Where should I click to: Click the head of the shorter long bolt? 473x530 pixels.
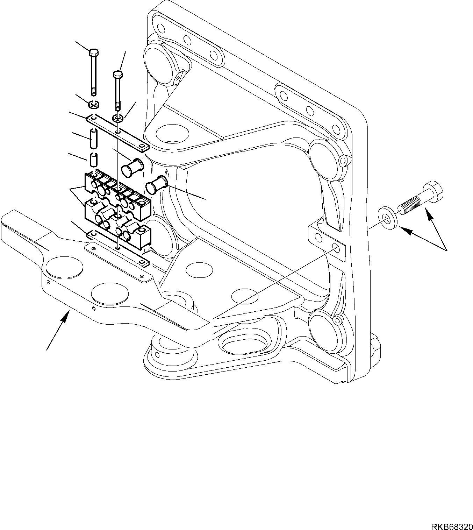point(118,74)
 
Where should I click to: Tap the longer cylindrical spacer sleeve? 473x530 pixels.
point(94,139)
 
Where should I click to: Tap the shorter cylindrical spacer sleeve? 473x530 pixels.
point(94,160)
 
